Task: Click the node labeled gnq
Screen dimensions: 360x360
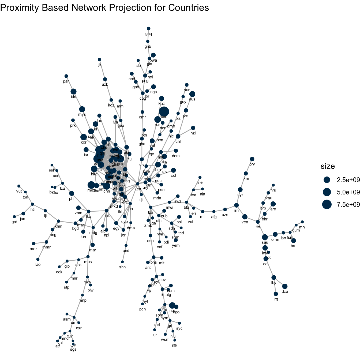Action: [149, 29]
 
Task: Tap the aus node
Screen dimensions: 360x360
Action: [192, 94]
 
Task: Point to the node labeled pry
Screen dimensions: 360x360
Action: [252, 159]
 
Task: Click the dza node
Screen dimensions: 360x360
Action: [285, 286]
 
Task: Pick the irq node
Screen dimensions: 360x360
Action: [276, 294]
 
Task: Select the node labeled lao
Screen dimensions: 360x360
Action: [38, 259]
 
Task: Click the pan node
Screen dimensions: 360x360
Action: [66, 76]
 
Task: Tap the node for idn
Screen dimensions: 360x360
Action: [74, 92]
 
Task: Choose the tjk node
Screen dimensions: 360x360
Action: [99, 59]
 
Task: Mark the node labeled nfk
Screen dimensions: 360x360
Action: [175, 340]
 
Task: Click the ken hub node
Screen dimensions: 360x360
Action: [138, 184]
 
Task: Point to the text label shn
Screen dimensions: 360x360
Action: [122, 267]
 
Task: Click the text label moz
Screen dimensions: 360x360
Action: [33, 249]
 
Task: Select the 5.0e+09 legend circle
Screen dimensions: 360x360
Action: [327, 192]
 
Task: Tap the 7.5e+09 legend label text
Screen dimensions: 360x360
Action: [348, 205]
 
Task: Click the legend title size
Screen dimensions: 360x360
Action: [328, 166]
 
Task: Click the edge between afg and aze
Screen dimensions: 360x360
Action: [219, 211]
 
